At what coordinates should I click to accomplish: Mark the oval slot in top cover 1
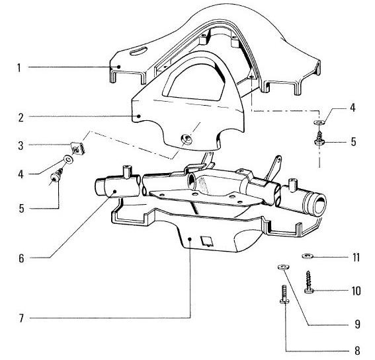[x=140, y=50]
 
